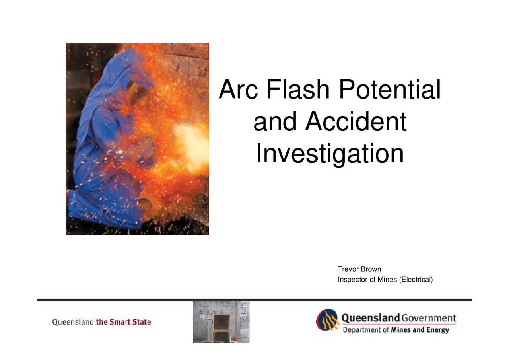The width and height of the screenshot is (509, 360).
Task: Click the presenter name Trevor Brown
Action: pyautogui.click(x=359, y=269)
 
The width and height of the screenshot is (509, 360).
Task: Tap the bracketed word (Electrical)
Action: pyautogui.click(x=415, y=280)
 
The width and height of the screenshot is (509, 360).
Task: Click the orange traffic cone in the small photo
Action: pyautogui.click(x=236, y=337)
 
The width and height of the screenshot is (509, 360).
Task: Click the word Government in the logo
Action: pyautogui.click(x=429, y=318)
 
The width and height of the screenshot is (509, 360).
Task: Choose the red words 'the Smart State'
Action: pyautogui.click(x=123, y=322)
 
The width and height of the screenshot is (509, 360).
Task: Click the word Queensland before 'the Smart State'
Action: pyautogui.click(x=73, y=322)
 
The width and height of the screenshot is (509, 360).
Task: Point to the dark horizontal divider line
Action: pyautogui.click(x=254, y=299)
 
